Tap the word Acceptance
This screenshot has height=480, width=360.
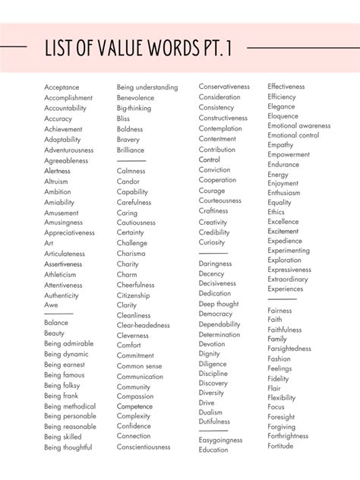62,87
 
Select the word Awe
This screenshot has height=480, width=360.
51,305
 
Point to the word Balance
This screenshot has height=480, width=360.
55,322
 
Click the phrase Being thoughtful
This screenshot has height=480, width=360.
68,447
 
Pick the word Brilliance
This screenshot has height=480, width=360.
131,150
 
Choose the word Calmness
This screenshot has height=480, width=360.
131,171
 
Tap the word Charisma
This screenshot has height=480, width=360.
131,254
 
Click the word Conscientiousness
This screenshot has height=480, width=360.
144,447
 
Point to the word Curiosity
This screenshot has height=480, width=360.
213,242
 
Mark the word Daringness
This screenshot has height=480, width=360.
216,264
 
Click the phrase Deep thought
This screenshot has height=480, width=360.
219,304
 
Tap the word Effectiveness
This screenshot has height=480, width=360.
286,87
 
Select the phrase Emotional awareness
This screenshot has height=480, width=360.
299,125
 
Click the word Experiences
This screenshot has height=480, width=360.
286,289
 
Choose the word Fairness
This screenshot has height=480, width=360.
279,310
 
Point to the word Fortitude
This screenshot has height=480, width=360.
280,446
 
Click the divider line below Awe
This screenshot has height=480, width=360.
58,313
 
